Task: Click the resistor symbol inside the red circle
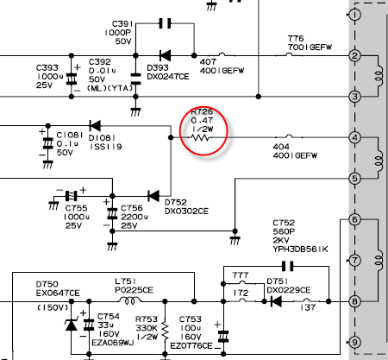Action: [201, 138]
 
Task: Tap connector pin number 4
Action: [354, 137]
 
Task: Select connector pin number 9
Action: [354, 342]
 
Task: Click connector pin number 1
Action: [354, 15]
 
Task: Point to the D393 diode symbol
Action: [165, 55]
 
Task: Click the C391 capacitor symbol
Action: [165, 23]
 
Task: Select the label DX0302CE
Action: [186, 212]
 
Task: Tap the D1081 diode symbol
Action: [95, 125]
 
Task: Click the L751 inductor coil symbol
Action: [129, 300]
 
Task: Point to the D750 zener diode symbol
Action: [71, 325]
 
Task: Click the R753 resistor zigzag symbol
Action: [165, 331]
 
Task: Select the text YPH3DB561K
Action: [300, 249]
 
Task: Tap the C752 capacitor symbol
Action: [288, 266]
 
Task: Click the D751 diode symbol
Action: [276, 301]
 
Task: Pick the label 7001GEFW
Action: [310, 47]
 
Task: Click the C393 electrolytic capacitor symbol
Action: [72, 79]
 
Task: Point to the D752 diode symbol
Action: [153, 196]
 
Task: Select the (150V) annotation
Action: [53, 307]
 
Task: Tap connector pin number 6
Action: [354, 219]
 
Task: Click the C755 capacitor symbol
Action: [72, 196]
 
